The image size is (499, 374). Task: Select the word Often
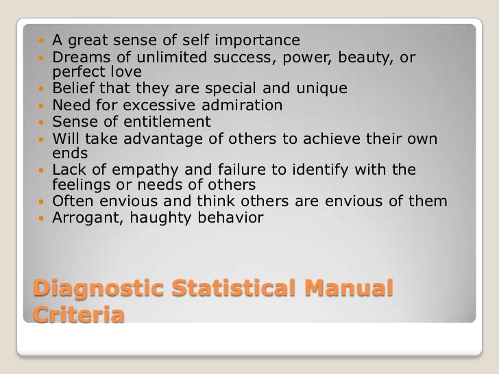(x=72, y=202)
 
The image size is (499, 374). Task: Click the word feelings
(x=80, y=186)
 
